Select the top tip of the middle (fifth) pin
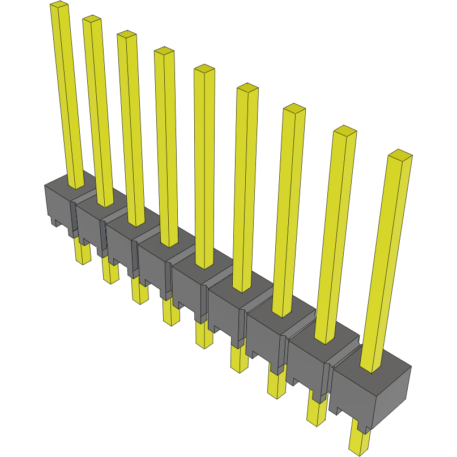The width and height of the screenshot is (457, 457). point(204,69)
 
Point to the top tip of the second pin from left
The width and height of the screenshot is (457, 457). point(92,20)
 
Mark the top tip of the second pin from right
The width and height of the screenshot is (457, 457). point(344,131)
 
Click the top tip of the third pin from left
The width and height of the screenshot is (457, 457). point(127,35)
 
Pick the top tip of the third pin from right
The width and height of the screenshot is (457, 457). point(294,109)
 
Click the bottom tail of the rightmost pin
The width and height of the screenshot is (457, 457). point(358,445)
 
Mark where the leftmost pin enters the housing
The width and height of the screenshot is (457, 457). point(76,186)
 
